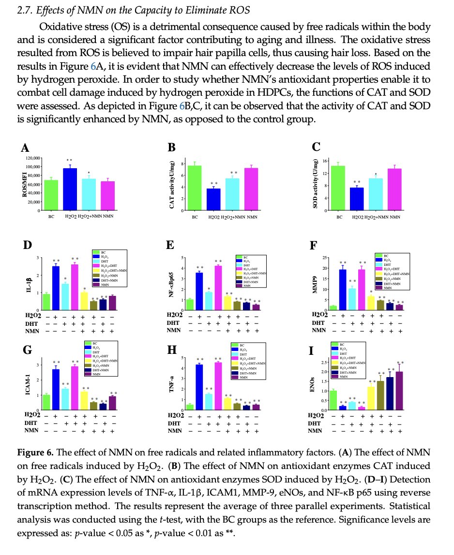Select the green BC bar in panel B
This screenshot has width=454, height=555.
pyautogui.click(x=195, y=188)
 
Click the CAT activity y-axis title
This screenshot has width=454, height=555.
pyautogui.click(x=172, y=185)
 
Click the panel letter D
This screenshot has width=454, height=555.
pyautogui.click(x=28, y=246)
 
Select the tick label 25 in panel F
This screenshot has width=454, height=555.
pyautogui.click(x=325, y=257)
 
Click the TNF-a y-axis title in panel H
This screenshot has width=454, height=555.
pyautogui.click(x=172, y=385)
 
